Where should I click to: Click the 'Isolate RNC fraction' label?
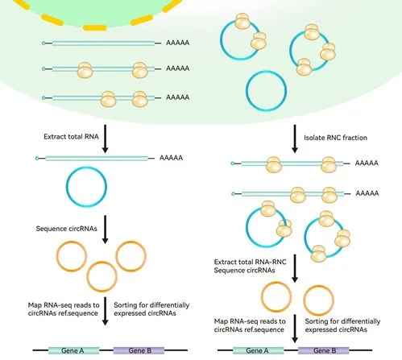tap(335, 138)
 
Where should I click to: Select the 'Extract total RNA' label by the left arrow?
tap(71, 137)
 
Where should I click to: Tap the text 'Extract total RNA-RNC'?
tap(250, 262)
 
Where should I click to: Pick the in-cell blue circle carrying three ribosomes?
tap(291, 51)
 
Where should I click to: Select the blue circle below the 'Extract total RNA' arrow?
tap(67, 187)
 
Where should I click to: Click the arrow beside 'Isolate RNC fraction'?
tap(295, 139)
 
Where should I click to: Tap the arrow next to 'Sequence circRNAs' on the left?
tap(106, 230)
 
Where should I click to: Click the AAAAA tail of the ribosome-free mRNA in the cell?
tap(178, 43)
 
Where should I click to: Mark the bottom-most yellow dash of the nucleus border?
tap(94, 27)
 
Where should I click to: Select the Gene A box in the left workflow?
tap(73, 350)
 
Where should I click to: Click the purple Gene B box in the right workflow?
tap(323, 350)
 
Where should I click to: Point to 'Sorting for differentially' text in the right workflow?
tap(342, 321)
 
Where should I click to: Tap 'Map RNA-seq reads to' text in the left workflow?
tap(64, 305)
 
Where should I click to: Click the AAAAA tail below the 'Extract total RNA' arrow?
tap(171, 158)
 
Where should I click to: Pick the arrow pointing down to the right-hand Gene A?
tap(295, 329)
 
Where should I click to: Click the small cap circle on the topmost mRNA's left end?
tap(44, 43)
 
